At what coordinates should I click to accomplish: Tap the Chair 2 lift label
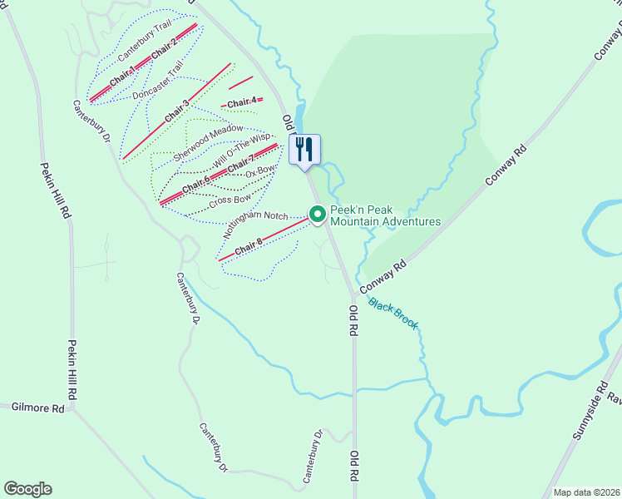pos(164,49)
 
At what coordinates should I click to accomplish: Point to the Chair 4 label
pos(242,102)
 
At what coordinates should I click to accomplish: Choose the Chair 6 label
pos(196,185)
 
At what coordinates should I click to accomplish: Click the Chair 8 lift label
pos(248,247)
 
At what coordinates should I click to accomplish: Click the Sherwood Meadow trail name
pos(208,142)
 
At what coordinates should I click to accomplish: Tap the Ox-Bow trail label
pos(259,171)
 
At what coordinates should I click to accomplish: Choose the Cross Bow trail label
pos(230,200)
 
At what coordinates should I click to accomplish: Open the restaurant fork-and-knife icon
pos(305,150)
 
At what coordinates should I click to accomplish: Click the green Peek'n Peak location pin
pos(318,215)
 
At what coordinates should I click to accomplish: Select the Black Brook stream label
pos(393,314)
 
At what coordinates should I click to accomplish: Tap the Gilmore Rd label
pos(38,408)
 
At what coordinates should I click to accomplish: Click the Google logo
pos(27,489)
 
